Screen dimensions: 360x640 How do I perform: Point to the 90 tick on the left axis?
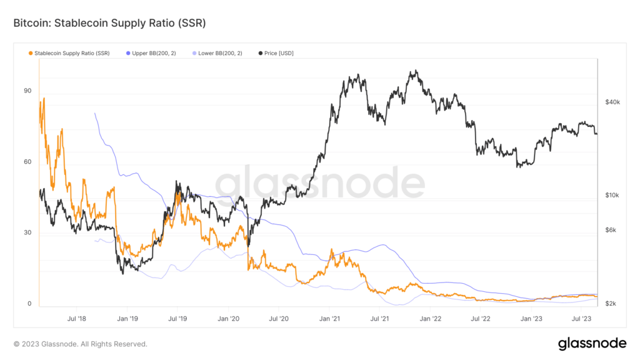(27, 91)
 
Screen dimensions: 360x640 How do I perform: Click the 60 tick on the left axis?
(27, 162)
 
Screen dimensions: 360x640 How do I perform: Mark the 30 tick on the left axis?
(27, 233)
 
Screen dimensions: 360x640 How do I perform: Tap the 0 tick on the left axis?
(29, 304)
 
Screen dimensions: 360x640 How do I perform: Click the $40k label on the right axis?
(612, 102)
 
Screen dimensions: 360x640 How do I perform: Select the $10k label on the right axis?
(612, 196)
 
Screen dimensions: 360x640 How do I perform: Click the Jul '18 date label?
(76, 318)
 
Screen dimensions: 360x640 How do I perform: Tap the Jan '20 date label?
(228, 318)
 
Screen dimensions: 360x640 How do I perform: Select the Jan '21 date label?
(329, 318)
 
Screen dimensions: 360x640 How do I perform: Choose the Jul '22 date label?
(481, 318)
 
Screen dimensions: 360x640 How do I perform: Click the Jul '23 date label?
(582, 318)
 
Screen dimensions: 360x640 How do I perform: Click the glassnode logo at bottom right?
(591, 343)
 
